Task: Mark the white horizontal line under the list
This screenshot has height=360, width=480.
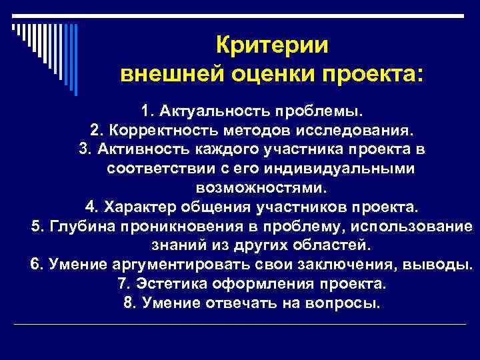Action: (240, 325)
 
